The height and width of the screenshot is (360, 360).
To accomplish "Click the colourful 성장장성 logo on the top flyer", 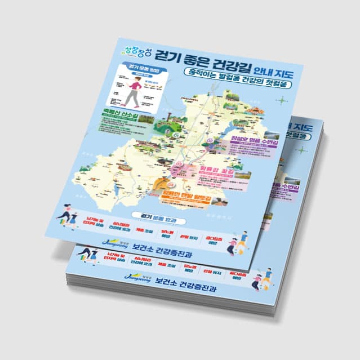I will (x=136, y=54).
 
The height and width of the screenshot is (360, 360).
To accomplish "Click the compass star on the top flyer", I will (x=281, y=101).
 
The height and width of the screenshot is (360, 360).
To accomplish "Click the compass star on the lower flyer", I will (x=303, y=150).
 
